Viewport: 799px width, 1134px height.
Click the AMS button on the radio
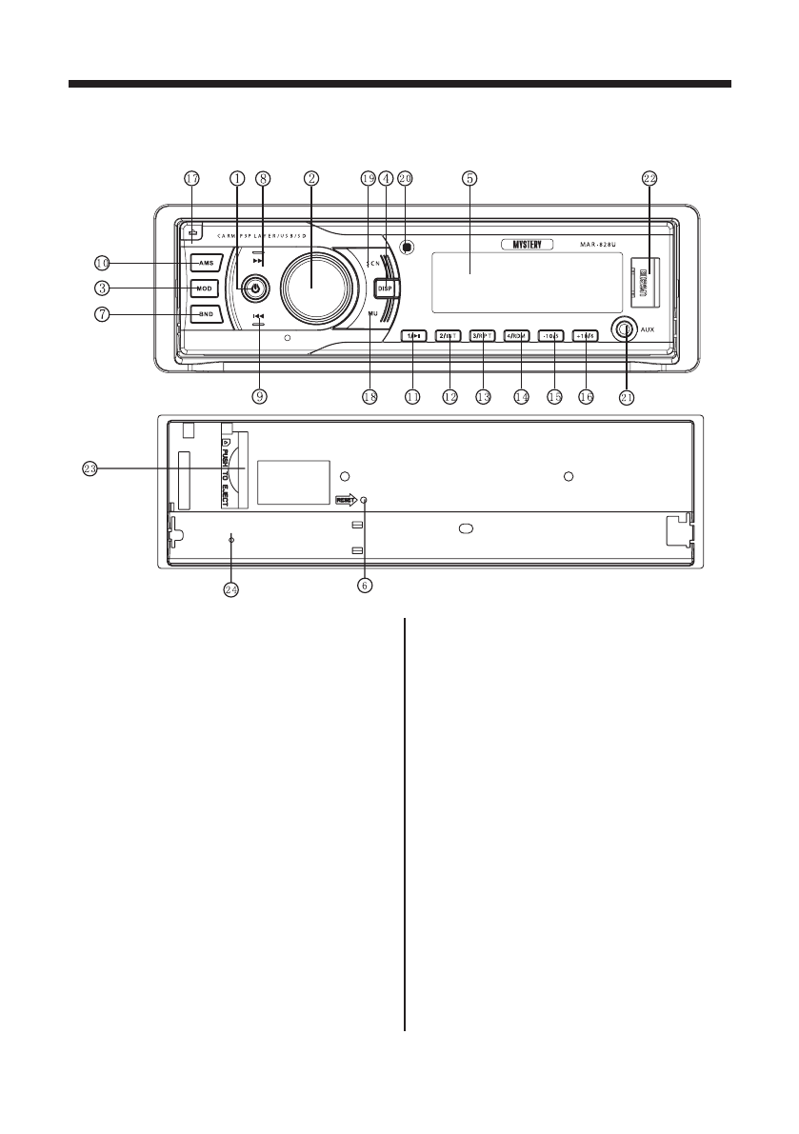(x=206, y=263)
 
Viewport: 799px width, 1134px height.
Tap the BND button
(x=206, y=312)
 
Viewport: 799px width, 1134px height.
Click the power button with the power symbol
(x=255, y=287)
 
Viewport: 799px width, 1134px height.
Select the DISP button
(x=386, y=288)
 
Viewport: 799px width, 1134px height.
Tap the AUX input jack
(x=625, y=332)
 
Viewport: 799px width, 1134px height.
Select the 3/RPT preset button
(x=484, y=335)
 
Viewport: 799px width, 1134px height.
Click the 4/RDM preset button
(x=519, y=335)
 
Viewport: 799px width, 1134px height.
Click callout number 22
(x=649, y=178)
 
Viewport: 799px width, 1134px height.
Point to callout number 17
(x=191, y=178)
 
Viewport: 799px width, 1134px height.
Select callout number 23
(x=90, y=468)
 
